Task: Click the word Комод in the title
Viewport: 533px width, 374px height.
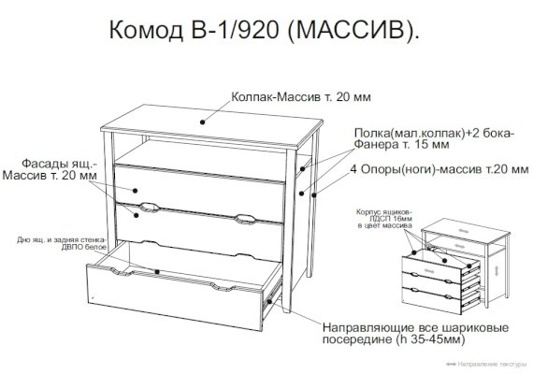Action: (146, 30)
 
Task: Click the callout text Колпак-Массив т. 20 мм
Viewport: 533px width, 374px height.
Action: (301, 97)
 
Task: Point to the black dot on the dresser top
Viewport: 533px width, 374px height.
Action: (202, 122)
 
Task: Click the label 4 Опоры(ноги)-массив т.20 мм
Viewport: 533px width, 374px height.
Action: (439, 169)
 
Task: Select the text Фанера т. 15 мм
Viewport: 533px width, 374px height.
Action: (401, 145)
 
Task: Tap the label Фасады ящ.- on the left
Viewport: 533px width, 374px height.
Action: (59, 164)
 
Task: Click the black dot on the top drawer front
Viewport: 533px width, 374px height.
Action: (135, 191)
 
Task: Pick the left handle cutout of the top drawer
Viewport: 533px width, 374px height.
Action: (149, 207)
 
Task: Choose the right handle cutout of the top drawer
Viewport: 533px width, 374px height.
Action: (245, 220)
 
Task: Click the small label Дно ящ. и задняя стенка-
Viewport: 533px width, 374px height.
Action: (61, 240)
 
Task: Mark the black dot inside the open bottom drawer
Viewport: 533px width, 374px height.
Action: (157, 272)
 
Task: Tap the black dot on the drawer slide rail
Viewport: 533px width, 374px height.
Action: (269, 301)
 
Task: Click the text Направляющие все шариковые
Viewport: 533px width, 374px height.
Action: (415, 328)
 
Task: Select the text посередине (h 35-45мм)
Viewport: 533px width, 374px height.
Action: (394, 339)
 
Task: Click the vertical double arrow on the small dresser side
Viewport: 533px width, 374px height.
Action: (497, 271)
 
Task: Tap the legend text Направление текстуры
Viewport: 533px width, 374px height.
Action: (492, 365)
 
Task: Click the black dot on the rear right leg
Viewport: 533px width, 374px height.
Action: (314, 195)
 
